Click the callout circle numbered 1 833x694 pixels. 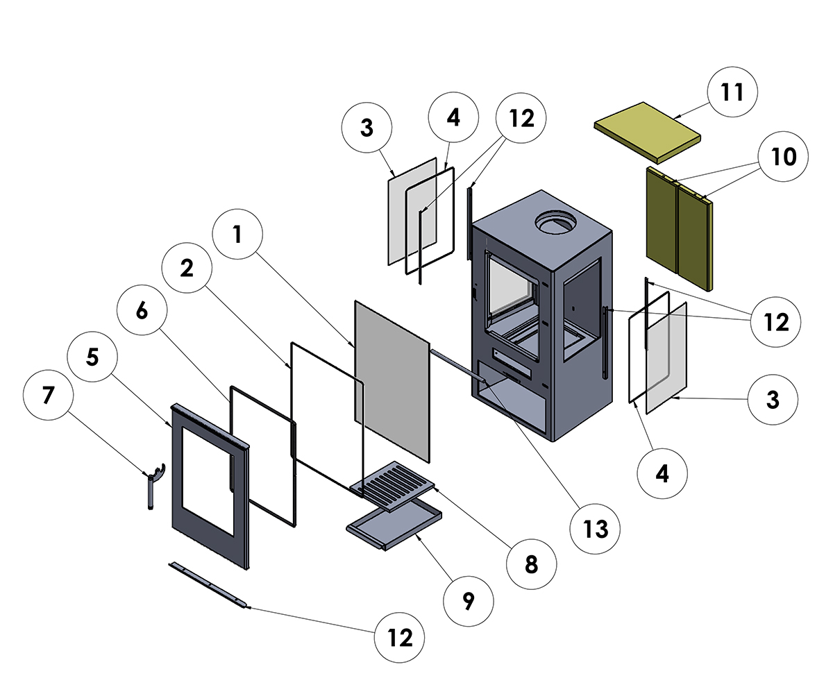coord(238,235)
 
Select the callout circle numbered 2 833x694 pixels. coord(187,270)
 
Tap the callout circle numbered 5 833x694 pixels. coord(92,357)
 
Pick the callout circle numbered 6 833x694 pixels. coord(142,312)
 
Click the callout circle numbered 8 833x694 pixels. coord(531,564)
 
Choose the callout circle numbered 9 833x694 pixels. coord(468,601)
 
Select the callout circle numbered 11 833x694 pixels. coord(732,92)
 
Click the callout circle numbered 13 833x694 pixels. coord(596,529)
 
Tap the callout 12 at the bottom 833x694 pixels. coord(400,636)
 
